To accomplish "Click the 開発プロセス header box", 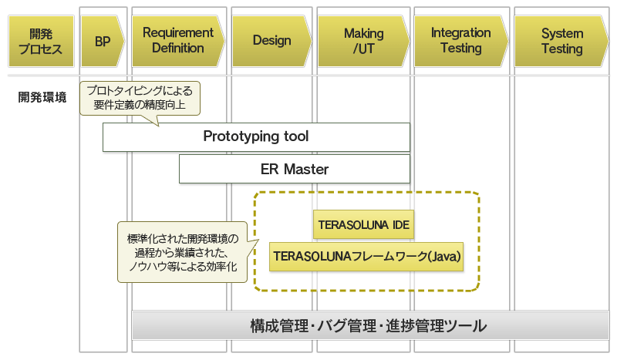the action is pyautogui.click(x=41, y=42).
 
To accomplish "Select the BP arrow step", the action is pyautogui.click(x=103, y=42).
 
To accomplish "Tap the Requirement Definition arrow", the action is pyautogui.click(x=178, y=42).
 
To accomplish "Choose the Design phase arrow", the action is pyautogui.click(x=272, y=42).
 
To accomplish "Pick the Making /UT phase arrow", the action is pyautogui.click(x=363, y=42).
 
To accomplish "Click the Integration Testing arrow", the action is pyautogui.click(x=460, y=42).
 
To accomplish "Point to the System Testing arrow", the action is pyautogui.click(x=561, y=42).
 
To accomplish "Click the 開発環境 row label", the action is pyautogui.click(x=42, y=97).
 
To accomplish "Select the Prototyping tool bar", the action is pyautogui.click(x=256, y=137).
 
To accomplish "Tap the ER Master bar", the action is pyautogui.click(x=295, y=169).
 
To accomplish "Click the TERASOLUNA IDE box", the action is pyautogui.click(x=363, y=224).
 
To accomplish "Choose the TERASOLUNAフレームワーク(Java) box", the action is pyautogui.click(x=366, y=257).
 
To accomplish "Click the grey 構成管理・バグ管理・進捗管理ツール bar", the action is pyautogui.click(x=370, y=325).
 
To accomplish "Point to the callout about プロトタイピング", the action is pyautogui.click(x=140, y=99).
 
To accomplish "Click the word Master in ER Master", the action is pyautogui.click(x=306, y=169).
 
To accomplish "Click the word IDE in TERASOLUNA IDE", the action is pyautogui.click(x=401, y=224).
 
